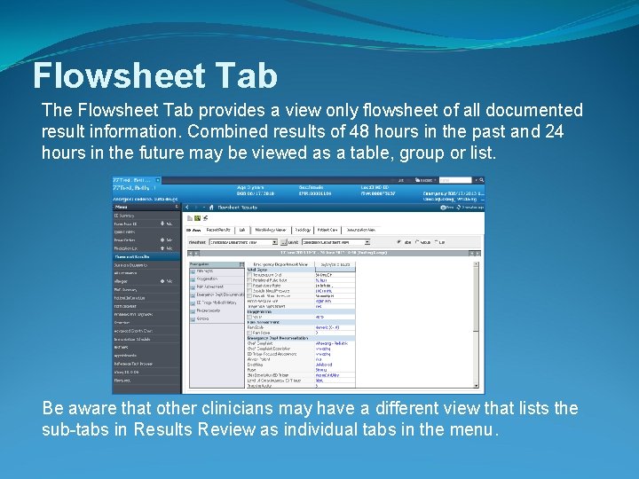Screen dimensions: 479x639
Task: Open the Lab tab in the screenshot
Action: tap(242, 229)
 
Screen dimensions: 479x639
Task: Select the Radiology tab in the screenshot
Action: tap(302, 229)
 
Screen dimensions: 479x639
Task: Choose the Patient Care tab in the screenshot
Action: tap(329, 229)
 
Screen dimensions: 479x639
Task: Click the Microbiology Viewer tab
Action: tap(270, 229)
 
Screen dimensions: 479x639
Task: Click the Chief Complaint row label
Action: tap(262, 345)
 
